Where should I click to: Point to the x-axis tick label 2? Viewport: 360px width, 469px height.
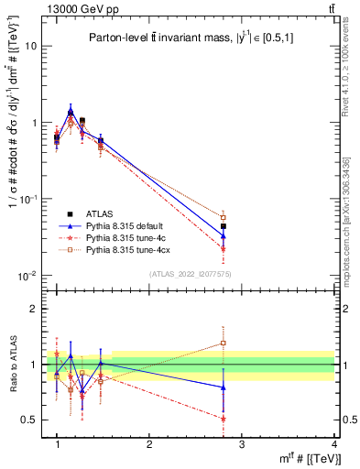tap(149, 444)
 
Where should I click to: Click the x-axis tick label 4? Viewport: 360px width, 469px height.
tap(333, 444)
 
